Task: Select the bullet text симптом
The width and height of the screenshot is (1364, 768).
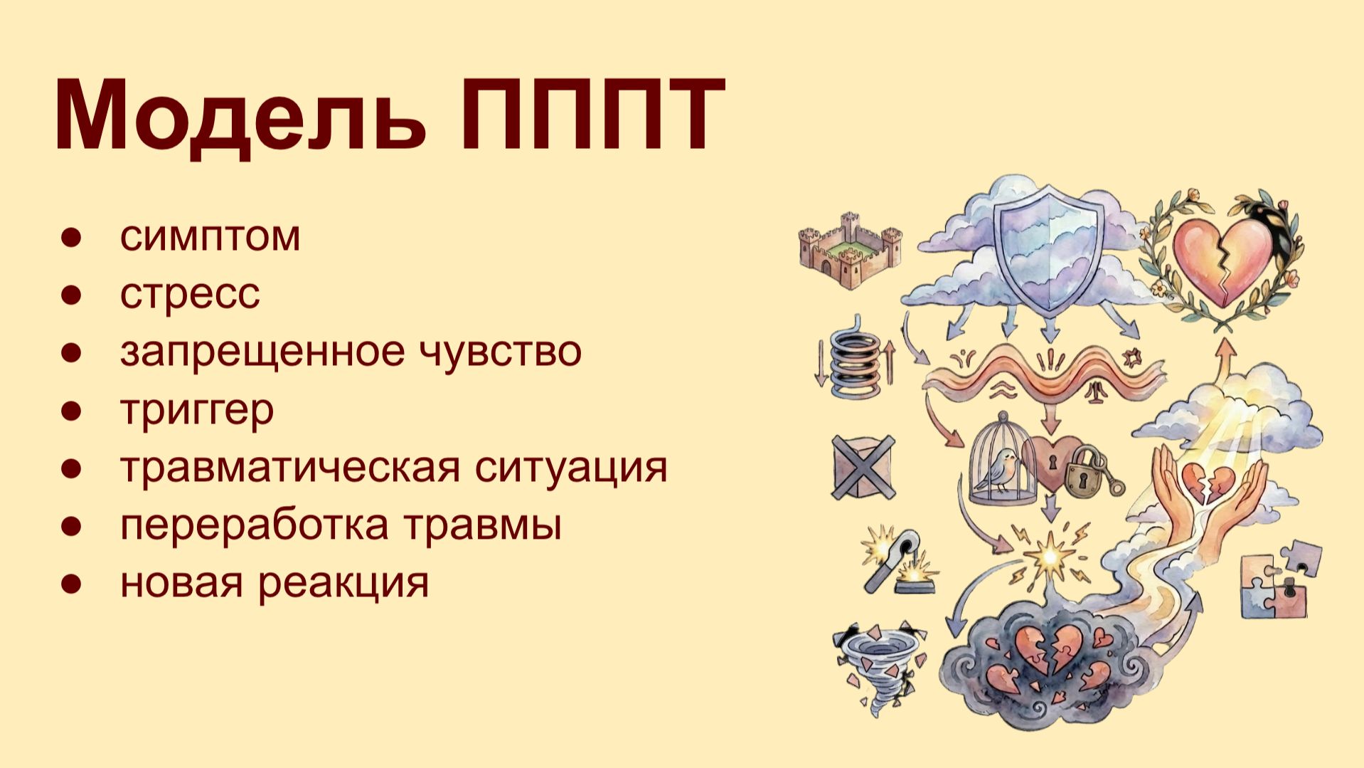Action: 210,236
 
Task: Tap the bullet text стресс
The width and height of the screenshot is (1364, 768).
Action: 190,294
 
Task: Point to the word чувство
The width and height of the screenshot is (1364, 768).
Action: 501,350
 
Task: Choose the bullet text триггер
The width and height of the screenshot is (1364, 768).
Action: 197,410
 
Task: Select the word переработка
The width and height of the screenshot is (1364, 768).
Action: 254,525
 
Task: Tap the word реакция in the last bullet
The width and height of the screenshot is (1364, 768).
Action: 343,583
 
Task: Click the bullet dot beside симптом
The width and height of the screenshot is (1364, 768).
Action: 71,237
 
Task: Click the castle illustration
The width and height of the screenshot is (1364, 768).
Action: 850,248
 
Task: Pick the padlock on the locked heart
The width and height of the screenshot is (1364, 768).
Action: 1082,472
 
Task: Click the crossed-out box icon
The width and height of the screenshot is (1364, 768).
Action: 863,468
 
